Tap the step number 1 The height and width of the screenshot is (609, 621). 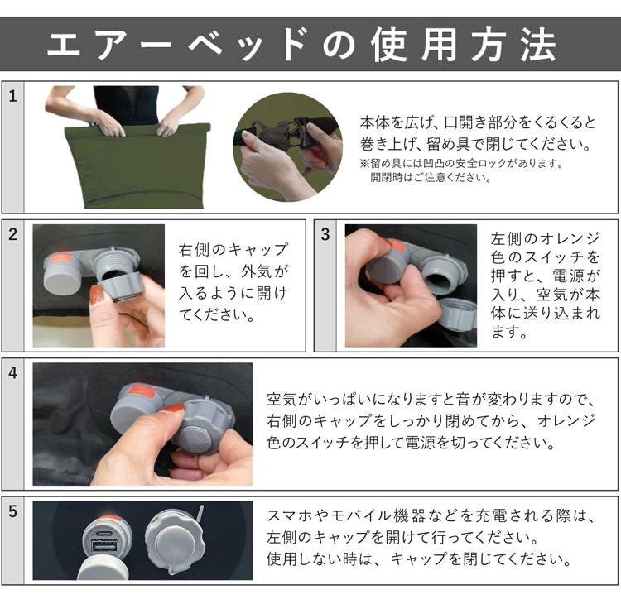pyautogui.click(x=12, y=97)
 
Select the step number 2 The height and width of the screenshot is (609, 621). pyautogui.click(x=12, y=235)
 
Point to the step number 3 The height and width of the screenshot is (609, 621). pyautogui.click(x=325, y=235)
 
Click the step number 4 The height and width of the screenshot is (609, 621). pyautogui.click(x=12, y=373)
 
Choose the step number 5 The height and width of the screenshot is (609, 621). pyautogui.click(x=12, y=511)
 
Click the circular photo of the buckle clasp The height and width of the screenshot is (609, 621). pyautogui.click(x=287, y=146)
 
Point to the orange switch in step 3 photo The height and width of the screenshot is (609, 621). pyautogui.click(x=395, y=245)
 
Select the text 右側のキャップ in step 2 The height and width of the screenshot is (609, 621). pyautogui.click(x=233, y=250)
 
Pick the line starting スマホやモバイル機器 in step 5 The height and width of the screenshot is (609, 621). pyautogui.click(x=431, y=516)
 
